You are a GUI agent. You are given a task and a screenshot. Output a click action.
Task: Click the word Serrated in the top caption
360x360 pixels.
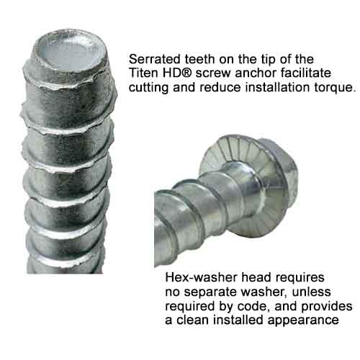[155, 59]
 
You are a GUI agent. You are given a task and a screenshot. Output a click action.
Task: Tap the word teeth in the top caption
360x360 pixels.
[199, 59]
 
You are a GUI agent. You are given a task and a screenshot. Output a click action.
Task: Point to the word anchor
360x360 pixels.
[256, 73]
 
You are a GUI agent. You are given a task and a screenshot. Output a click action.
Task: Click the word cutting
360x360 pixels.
[148, 88]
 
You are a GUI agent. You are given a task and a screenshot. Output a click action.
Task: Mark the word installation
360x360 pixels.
[277, 87]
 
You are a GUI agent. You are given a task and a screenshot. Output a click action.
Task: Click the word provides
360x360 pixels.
[327, 307]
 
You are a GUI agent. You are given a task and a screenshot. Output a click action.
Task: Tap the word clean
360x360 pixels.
[193, 320]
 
